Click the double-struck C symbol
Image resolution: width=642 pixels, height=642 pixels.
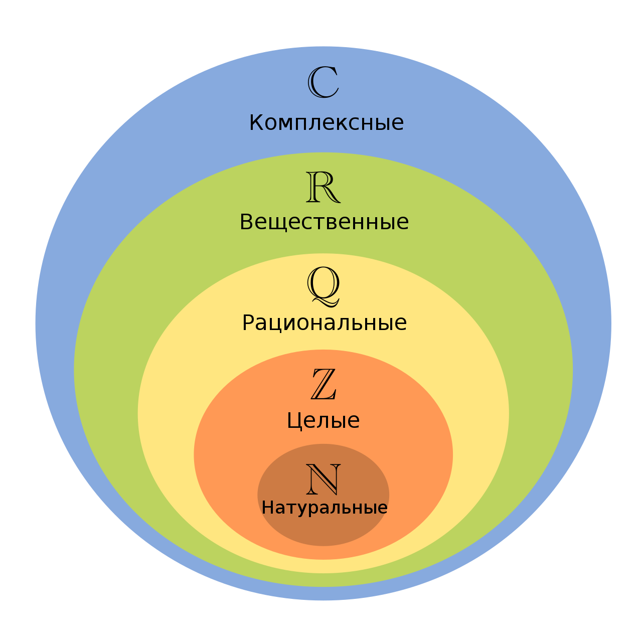(x=323, y=83)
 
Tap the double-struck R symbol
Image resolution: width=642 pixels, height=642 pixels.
(x=323, y=187)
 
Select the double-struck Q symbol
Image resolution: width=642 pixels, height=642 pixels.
(x=324, y=285)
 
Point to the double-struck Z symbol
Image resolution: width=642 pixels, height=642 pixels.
(x=324, y=384)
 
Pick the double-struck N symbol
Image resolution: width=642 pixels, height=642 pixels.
(x=324, y=479)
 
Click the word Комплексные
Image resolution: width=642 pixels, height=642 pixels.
(x=327, y=123)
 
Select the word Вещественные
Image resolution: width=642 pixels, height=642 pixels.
(x=324, y=222)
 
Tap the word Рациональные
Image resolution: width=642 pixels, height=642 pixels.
(x=324, y=323)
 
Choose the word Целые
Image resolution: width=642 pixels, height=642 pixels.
(x=323, y=420)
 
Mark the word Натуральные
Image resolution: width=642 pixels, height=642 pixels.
(x=325, y=508)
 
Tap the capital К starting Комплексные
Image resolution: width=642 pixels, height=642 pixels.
(x=256, y=123)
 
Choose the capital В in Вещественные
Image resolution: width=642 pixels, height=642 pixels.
(x=246, y=222)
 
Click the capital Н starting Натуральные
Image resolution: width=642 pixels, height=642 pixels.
(x=267, y=508)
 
